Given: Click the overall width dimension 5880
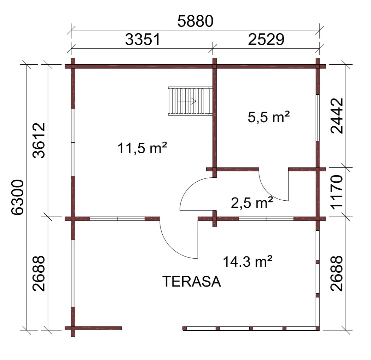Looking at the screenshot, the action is [195, 21].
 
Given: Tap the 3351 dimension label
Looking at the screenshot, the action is [143, 39].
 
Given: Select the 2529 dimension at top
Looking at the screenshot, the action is [266, 39].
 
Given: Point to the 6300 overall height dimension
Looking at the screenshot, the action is [18, 197].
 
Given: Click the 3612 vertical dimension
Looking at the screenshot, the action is [39, 140].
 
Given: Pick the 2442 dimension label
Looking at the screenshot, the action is [337, 116].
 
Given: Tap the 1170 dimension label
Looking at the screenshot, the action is [337, 192].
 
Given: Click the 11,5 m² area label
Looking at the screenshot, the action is [142, 148].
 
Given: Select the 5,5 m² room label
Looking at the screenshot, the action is [269, 117].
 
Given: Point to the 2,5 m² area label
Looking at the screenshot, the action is [252, 202].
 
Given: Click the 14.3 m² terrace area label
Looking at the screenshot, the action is [248, 261].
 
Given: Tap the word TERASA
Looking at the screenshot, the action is [192, 282].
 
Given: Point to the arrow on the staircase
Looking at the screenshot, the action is [187, 101].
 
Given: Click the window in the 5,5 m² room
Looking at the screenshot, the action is [318, 118].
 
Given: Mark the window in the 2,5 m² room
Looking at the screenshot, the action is [266, 218].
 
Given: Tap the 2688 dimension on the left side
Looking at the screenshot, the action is [39, 273].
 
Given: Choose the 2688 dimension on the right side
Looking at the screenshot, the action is [337, 273].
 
